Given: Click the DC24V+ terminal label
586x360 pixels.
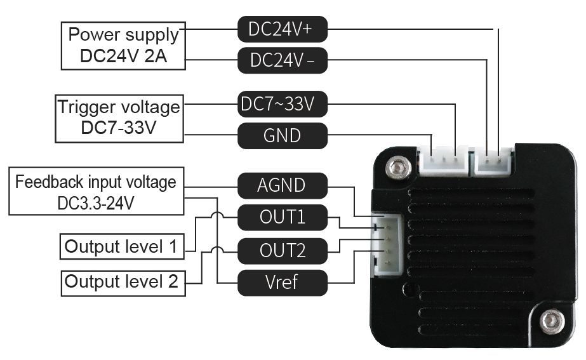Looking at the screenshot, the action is [x=283, y=29].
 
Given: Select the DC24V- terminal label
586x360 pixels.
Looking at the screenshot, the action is [x=283, y=60].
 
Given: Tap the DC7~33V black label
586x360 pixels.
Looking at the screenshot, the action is [x=283, y=104].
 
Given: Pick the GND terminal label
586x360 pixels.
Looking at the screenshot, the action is [x=283, y=135].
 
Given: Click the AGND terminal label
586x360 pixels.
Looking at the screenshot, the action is [x=283, y=185].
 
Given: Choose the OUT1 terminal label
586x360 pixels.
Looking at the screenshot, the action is [x=283, y=217].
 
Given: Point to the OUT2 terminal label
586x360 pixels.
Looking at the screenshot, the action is [x=283, y=250].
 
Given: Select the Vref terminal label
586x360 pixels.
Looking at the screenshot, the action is [x=283, y=283].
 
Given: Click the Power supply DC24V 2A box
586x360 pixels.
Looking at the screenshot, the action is [x=123, y=46].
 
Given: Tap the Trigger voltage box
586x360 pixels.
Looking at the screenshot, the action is [x=119, y=119].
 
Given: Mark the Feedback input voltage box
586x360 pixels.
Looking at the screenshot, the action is [x=97, y=191].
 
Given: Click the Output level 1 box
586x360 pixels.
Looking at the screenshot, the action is [x=122, y=246].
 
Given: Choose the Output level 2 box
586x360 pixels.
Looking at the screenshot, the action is [x=123, y=283].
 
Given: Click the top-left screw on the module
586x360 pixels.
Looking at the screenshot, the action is [x=399, y=166].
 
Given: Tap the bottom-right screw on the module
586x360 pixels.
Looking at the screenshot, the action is [x=552, y=321].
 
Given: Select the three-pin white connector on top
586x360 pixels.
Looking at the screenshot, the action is [x=444, y=161].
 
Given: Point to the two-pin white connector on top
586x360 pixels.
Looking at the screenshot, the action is [x=493, y=161].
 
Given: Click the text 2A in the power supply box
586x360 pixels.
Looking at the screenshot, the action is [x=156, y=56].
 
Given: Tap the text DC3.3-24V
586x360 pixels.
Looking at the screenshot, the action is [x=96, y=203].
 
